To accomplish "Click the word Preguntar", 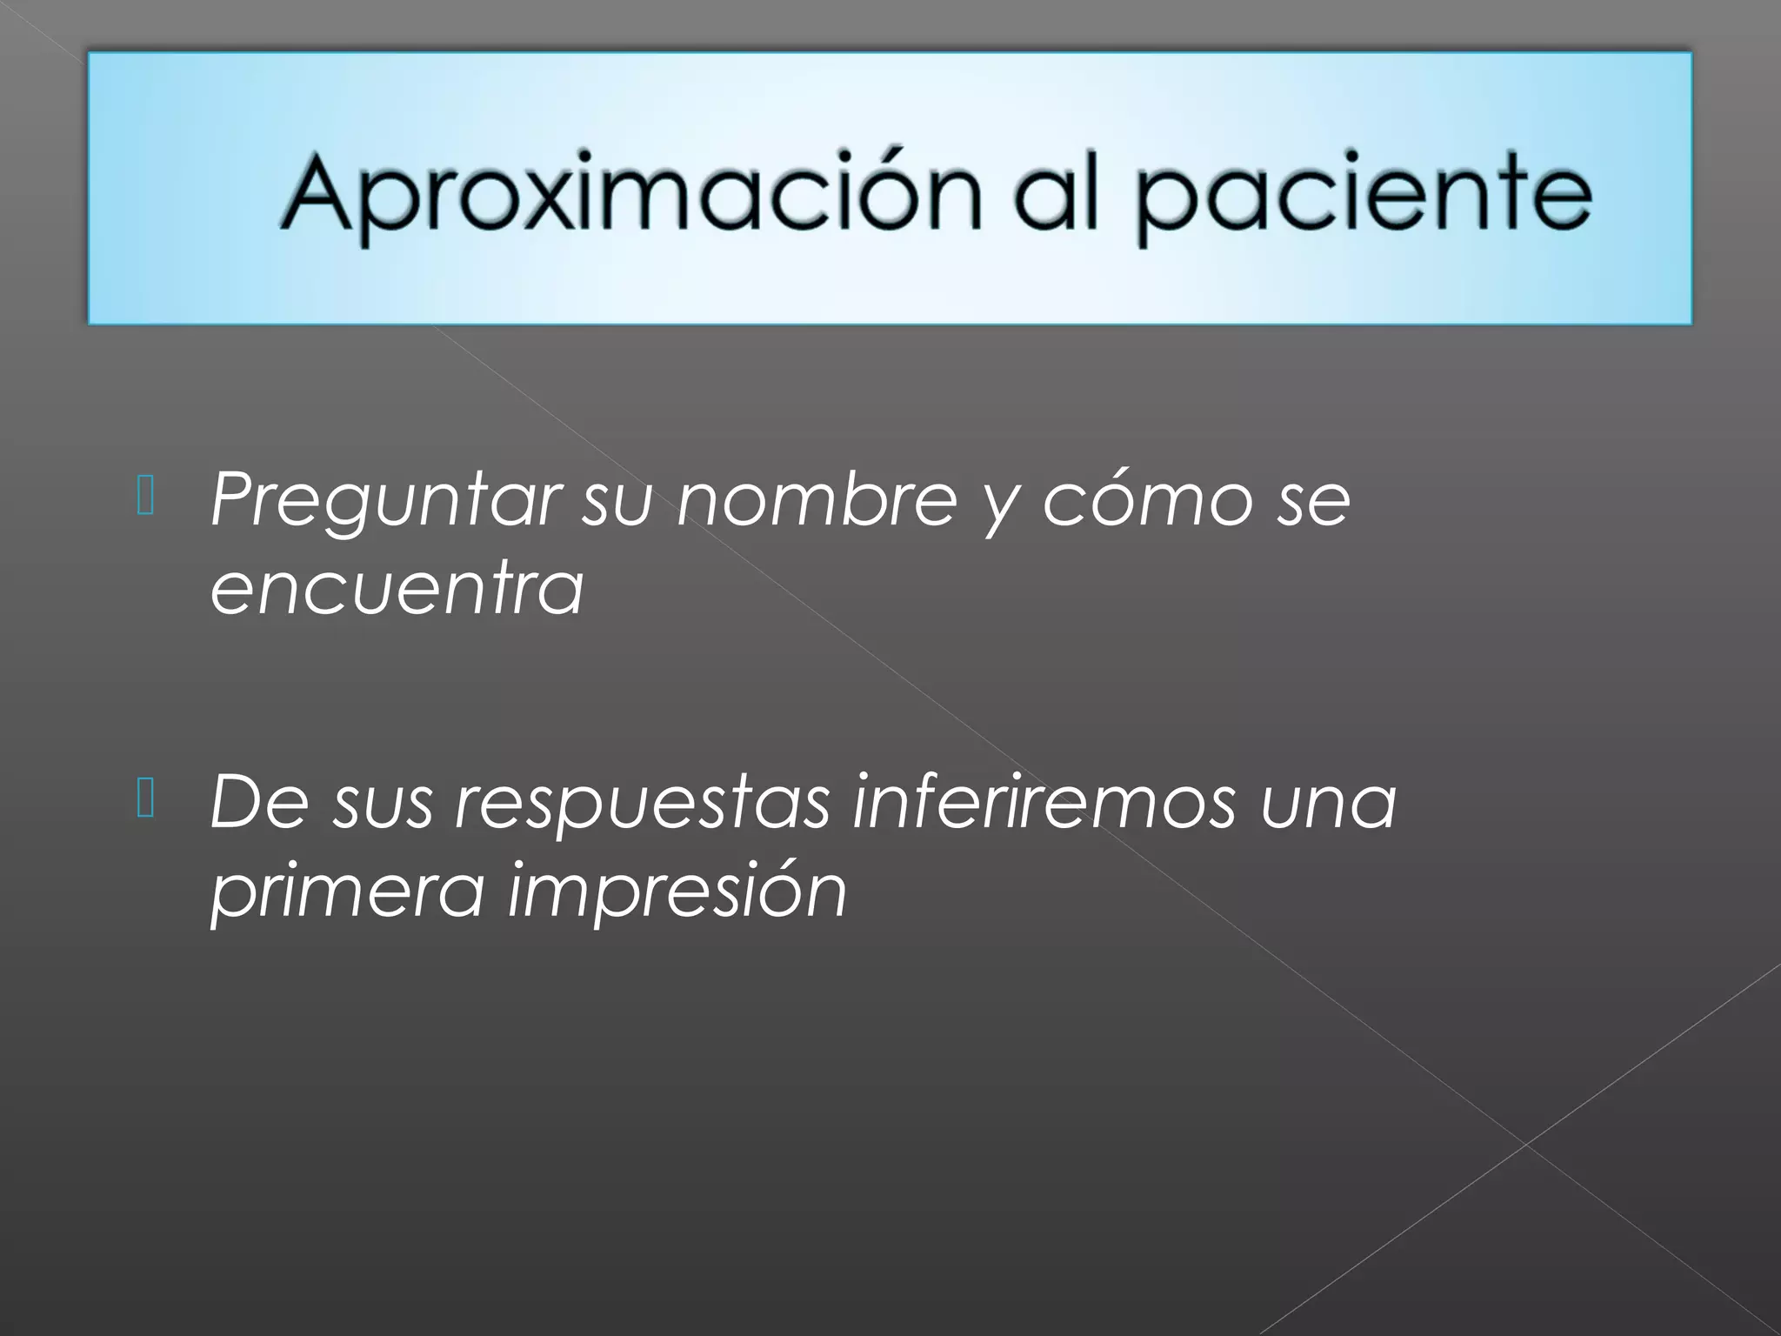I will tap(383, 502).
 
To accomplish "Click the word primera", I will tap(346, 892).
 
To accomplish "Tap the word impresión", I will tap(677, 892).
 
